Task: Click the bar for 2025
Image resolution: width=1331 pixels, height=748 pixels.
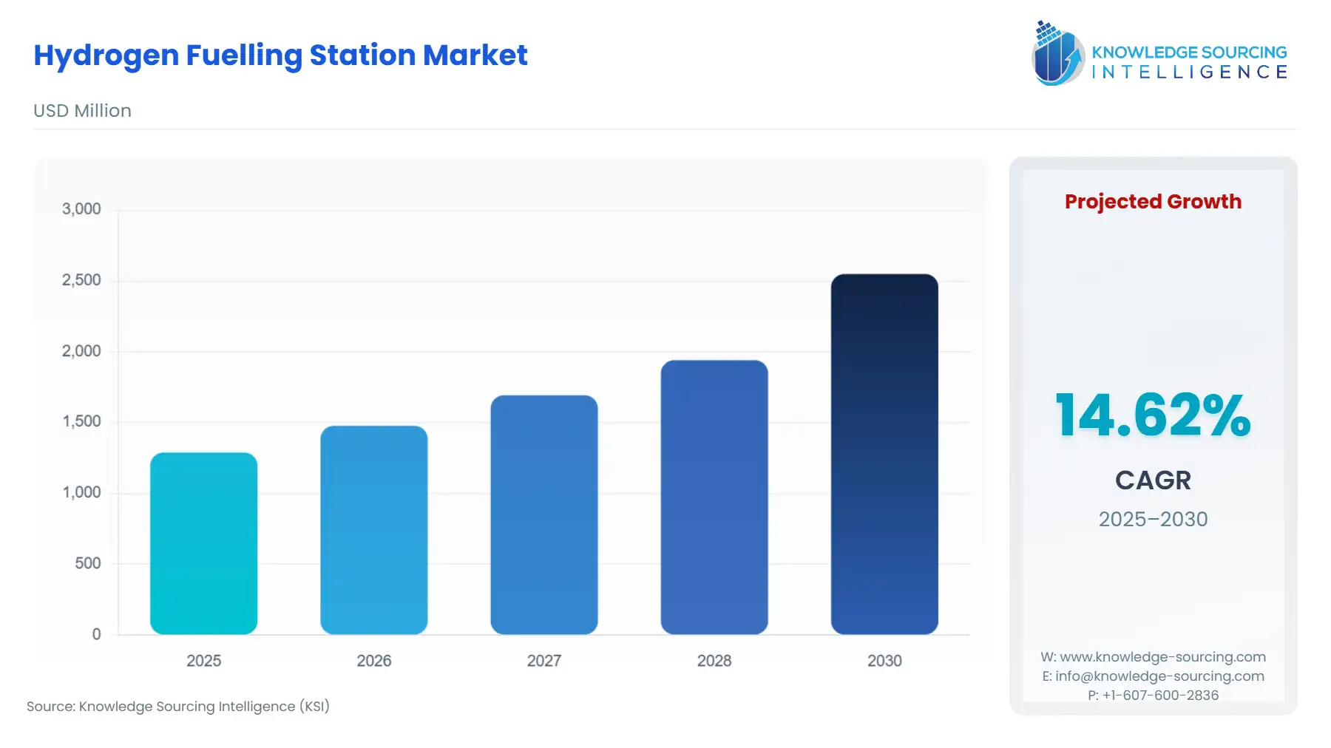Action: click(x=203, y=543)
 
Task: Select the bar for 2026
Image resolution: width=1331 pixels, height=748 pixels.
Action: click(x=373, y=530)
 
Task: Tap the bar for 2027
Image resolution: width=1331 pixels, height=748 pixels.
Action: click(x=543, y=514)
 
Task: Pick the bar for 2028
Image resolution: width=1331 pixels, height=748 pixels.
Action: click(x=714, y=497)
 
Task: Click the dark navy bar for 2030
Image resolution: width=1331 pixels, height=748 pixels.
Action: click(x=884, y=454)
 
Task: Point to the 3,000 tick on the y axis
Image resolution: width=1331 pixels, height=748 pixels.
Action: click(x=81, y=209)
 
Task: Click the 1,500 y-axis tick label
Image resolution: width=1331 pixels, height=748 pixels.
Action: click(x=81, y=421)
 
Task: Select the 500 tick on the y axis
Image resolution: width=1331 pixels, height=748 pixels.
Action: click(x=87, y=563)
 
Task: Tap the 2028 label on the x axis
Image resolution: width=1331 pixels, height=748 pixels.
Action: click(x=714, y=661)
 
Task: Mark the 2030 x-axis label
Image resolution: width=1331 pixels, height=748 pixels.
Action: click(x=884, y=661)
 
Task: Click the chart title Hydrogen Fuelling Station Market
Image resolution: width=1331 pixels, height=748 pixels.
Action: click(x=280, y=55)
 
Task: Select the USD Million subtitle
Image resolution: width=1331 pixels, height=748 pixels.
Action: click(x=82, y=111)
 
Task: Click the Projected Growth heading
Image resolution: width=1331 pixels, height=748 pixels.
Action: click(x=1152, y=202)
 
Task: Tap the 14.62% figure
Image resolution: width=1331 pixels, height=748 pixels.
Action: click(x=1152, y=415)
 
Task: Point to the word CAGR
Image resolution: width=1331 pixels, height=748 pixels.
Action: click(x=1152, y=480)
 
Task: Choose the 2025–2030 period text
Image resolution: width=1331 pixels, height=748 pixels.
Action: click(x=1152, y=519)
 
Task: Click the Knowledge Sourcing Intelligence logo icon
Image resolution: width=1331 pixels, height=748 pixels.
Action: click(x=1057, y=54)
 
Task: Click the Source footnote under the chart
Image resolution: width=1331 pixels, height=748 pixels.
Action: click(x=178, y=707)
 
